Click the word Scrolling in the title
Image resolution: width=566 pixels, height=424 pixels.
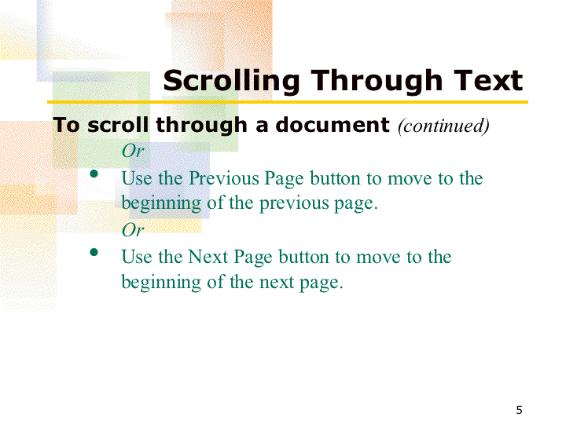[231, 82]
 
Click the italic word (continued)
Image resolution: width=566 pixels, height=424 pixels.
[443, 126]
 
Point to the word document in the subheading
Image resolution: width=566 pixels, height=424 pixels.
[333, 125]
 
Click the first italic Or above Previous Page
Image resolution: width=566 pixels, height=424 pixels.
[133, 151]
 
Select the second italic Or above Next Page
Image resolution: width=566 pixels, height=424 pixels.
[133, 229]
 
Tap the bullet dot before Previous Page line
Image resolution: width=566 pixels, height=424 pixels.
[94, 174]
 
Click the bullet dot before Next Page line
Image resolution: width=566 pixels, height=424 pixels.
[94, 252]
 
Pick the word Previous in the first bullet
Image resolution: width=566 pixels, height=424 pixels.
[224, 178]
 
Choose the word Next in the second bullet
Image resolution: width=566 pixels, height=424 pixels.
[208, 257]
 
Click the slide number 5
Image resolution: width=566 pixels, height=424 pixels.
[519, 410]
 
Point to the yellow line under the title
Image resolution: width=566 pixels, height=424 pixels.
[288, 102]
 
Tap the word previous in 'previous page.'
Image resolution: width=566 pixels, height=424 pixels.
[294, 203]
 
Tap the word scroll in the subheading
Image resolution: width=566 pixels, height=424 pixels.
[118, 125]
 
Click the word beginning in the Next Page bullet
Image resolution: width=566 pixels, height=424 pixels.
[161, 283]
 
